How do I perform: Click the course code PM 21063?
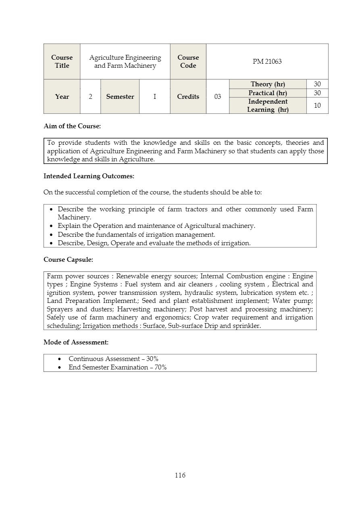[267, 61]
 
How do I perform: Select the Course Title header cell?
[62, 61]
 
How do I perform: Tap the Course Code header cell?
[188, 61]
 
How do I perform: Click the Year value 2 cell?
[90, 97]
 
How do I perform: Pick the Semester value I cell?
[154, 97]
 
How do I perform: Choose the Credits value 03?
[217, 97]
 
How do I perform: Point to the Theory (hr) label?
[268, 84]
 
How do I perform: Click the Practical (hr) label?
[268, 93]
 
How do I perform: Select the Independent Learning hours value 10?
[317, 106]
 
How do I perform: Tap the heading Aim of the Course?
[72, 126]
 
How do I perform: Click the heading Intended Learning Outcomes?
[89, 176]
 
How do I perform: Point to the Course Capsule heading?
[68, 259]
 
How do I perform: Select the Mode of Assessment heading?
[76, 342]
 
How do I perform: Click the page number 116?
[180, 475]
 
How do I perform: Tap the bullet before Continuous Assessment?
[60, 359]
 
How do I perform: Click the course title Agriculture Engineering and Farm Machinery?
[125, 61]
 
